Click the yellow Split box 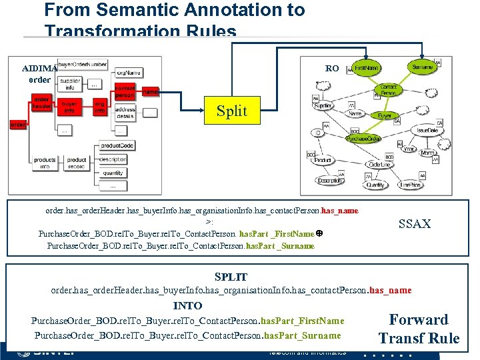tap(231, 111)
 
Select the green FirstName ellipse tap(366, 68)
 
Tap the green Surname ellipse tap(423, 67)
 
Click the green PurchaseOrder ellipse tap(363, 138)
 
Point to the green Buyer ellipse tap(385, 115)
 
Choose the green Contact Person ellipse tap(387, 90)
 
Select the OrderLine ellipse tap(379, 165)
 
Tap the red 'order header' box tap(42, 103)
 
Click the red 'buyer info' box tap(69, 107)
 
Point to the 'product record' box tap(77, 163)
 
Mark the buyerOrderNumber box tap(81, 64)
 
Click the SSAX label tap(414, 224)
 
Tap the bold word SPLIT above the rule tap(231, 277)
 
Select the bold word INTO tap(187, 306)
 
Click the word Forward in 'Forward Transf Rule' tap(419, 320)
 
